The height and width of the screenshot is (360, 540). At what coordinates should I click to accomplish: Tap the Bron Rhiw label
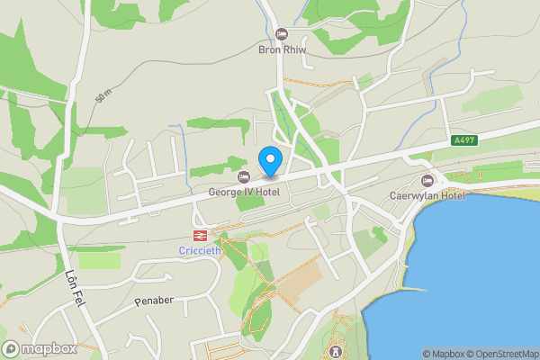tap(283, 49)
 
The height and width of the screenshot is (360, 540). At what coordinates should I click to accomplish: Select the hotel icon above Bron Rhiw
tap(282, 34)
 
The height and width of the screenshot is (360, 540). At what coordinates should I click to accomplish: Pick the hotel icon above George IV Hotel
tap(243, 176)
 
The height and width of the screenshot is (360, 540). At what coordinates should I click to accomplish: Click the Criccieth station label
tap(199, 249)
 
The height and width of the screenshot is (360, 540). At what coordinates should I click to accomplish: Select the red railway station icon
tap(199, 234)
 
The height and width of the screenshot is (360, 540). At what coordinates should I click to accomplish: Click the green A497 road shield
tap(464, 140)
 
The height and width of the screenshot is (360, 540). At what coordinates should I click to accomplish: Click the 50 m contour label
tap(102, 96)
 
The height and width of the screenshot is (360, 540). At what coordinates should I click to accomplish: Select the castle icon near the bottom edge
tap(336, 350)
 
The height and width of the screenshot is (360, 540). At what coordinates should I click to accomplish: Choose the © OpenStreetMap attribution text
tap(502, 354)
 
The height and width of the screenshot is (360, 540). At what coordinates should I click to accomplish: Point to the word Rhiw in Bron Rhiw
tap(295, 49)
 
